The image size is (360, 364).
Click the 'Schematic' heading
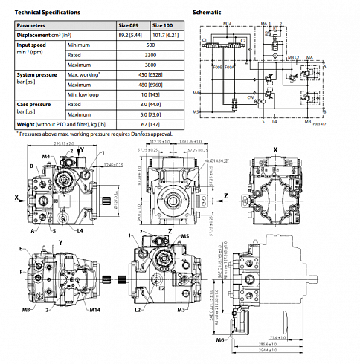click(207, 13)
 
